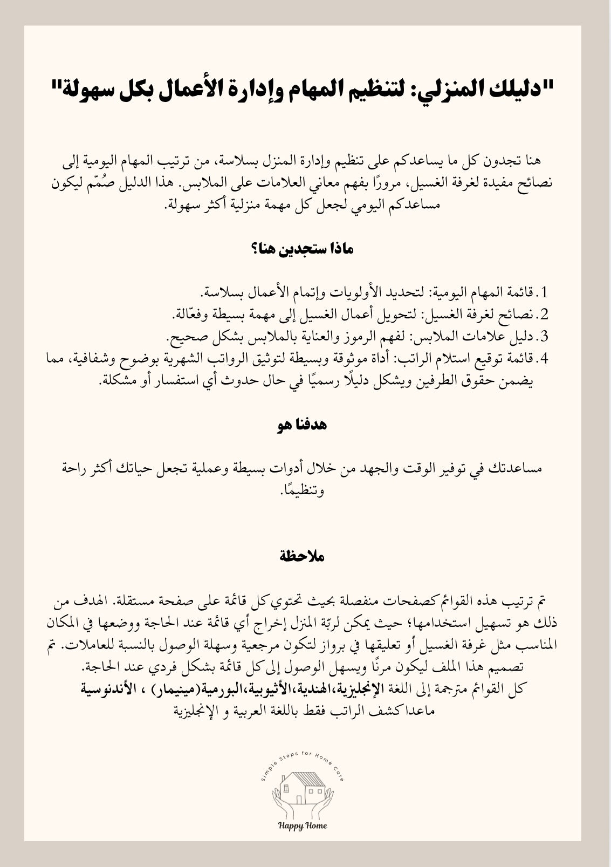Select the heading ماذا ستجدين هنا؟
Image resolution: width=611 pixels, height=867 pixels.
(305, 249)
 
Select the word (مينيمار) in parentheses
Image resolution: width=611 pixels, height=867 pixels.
(176, 688)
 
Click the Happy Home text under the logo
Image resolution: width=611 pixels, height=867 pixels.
(303, 825)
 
